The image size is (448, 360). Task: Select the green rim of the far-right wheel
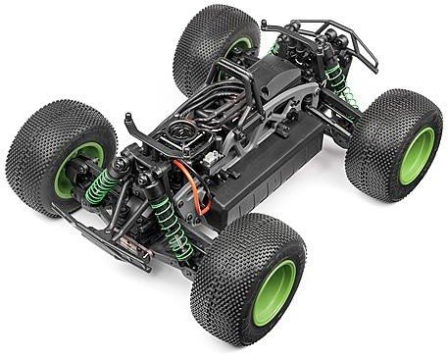pyautogui.click(x=416, y=154)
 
